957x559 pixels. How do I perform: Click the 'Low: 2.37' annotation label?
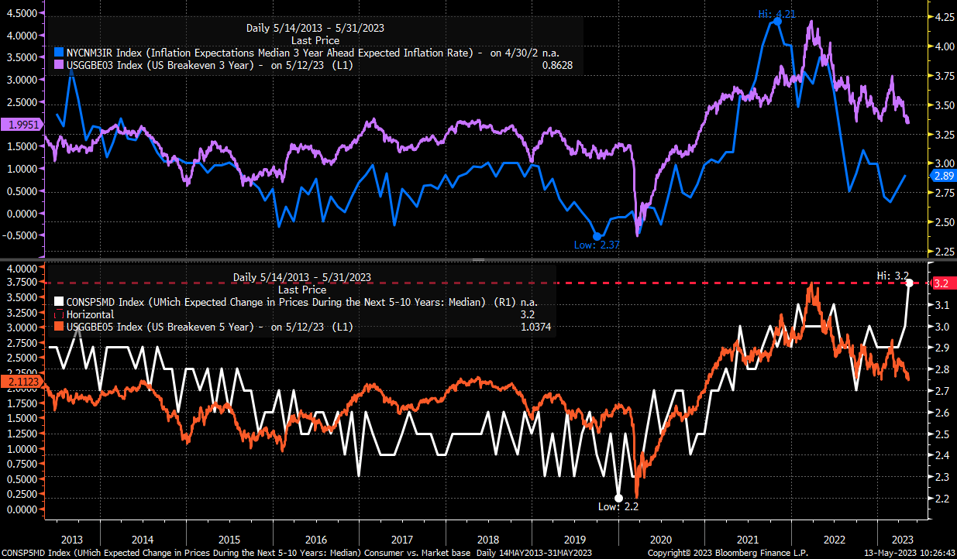pos(596,245)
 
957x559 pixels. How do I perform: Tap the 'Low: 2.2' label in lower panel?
pos(619,507)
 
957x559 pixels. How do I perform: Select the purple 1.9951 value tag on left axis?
pos(22,125)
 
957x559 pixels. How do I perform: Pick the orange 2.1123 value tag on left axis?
pos(22,381)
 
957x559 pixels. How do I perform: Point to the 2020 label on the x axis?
pos(661,538)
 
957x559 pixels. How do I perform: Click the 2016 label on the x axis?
pos(316,538)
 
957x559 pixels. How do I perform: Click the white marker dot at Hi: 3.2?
pos(909,283)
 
